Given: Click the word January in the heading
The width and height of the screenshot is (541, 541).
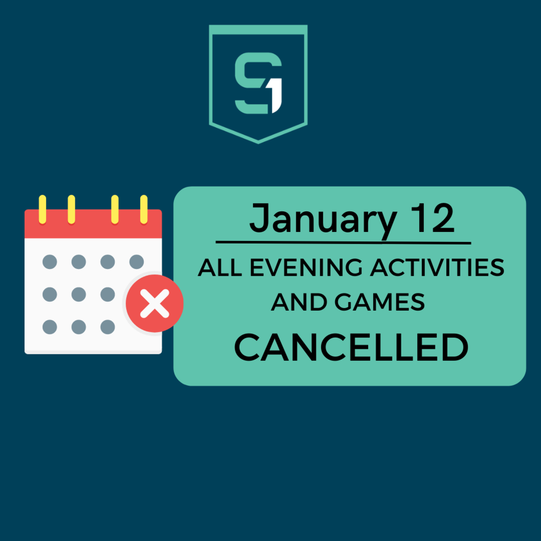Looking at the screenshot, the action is [x=323, y=220].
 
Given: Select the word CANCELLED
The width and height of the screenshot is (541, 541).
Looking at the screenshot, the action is [x=351, y=348].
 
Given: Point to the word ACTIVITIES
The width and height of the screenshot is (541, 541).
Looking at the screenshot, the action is [x=437, y=267].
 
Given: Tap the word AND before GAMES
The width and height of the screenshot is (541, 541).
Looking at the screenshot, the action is [x=299, y=302].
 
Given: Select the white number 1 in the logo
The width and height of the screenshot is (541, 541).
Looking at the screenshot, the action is [x=277, y=96].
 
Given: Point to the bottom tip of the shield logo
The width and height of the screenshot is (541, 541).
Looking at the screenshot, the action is [x=258, y=143].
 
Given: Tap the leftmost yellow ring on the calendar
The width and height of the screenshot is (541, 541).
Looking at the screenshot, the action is [x=42, y=209].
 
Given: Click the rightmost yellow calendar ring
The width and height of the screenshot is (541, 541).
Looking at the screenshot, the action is [x=144, y=209].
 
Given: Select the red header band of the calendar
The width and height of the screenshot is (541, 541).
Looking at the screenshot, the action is [x=93, y=223].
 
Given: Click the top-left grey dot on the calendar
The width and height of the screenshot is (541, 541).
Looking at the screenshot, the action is [x=50, y=262].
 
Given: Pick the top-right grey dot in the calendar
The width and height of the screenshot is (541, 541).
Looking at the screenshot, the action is [x=137, y=262].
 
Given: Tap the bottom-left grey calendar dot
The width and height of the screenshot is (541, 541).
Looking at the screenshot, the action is [x=50, y=327].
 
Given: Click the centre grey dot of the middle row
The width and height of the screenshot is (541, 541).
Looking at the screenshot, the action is [x=79, y=295].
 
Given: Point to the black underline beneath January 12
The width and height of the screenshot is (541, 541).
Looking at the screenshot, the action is [x=343, y=243].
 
